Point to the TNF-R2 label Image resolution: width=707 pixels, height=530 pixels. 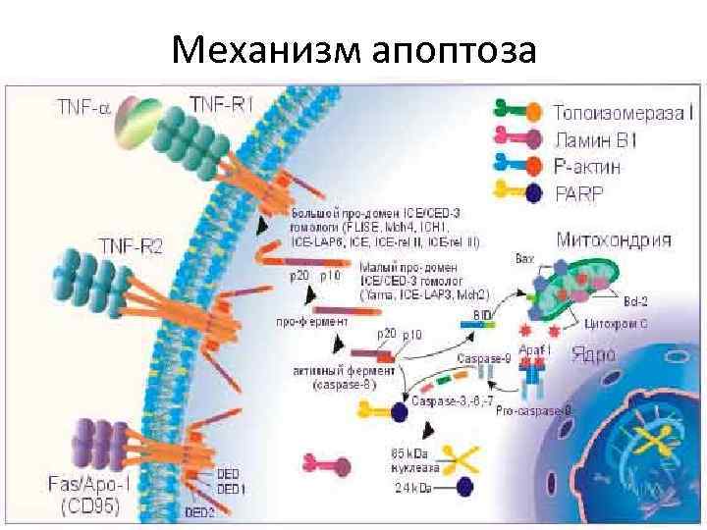[x=130, y=243]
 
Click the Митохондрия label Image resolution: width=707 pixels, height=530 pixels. [x=614, y=238]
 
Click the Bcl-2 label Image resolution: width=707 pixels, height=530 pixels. [x=635, y=298]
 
